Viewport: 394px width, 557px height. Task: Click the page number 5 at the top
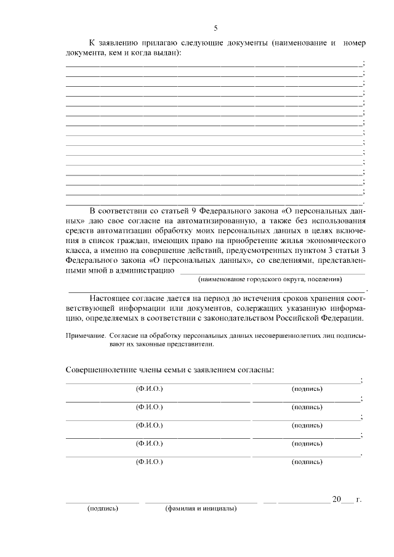(215, 28)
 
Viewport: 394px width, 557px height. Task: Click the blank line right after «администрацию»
(271, 271)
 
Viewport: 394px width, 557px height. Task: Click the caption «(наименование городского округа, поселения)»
(269, 279)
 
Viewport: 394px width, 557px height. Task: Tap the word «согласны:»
(254, 369)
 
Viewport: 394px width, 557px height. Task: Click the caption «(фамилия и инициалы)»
(201, 509)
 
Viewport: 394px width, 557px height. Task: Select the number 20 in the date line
(336, 499)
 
